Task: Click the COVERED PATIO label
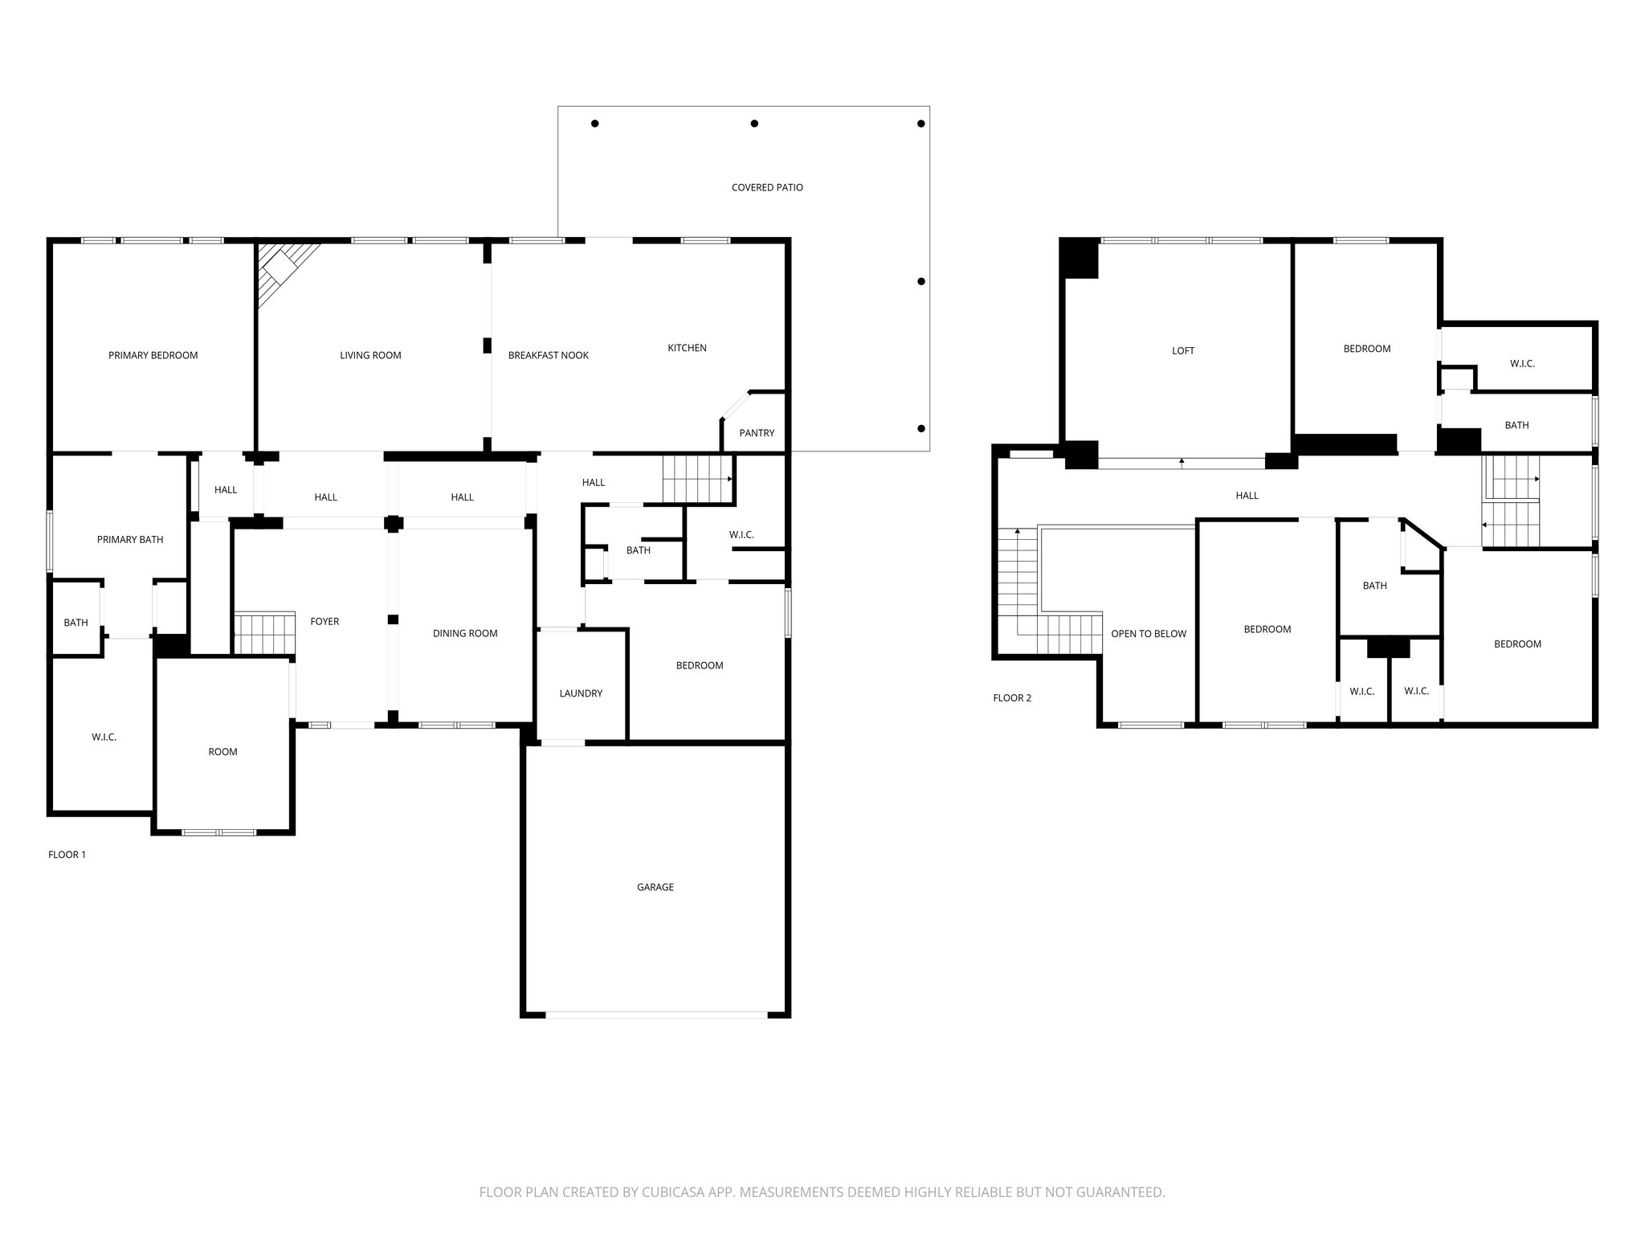[x=767, y=187]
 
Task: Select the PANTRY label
[x=757, y=433]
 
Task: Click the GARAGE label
[x=655, y=887]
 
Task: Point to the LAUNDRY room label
[x=581, y=693]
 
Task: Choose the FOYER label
[x=325, y=621]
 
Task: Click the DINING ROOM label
[x=465, y=633]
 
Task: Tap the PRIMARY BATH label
[x=130, y=539]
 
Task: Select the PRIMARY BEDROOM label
[x=153, y=355]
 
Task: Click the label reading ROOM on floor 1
[x=222, y=752]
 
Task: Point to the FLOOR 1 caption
[x=67, y=855]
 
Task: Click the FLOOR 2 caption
[x=1012, y=697]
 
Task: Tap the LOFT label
[x=1183, y=350]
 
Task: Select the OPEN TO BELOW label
[x=1149, y=634]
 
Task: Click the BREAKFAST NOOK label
[x=549, y=355]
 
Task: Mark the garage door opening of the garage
[x=656, y=1015]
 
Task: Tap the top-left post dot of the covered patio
[x=595, y=124]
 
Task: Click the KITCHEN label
[x=687, y=348]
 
